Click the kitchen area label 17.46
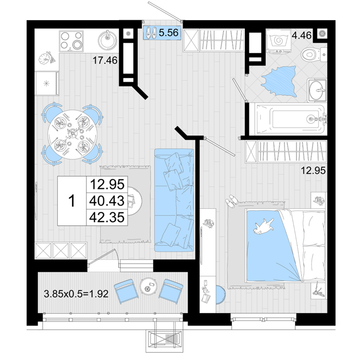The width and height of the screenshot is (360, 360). tap(105, 60)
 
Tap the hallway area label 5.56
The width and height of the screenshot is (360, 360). tap(169, 32)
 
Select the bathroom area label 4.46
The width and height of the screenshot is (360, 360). tap(301, 35)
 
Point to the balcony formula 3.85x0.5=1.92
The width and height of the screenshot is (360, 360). tap(76, 294)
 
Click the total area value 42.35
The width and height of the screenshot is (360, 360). tap(107, 217)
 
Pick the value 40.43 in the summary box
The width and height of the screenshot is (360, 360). tap(107, 201)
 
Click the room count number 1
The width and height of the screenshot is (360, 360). tap(72, 201)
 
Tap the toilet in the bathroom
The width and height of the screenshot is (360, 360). tap(313, 55)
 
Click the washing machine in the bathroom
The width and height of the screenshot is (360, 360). tap(279, 41)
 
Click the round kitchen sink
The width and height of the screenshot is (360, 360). tap(107, 40)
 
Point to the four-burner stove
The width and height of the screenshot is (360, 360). tap(71, 41)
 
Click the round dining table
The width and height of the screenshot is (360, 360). tap(72, 134)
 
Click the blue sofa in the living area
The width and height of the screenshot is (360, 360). tap(174, 200)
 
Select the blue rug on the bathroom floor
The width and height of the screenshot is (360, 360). tap(279, 81)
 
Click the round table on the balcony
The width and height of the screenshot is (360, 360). tap(148, 286)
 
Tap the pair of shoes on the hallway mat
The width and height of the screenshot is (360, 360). tap(151, 32)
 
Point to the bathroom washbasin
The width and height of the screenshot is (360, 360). tap(317, 90)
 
